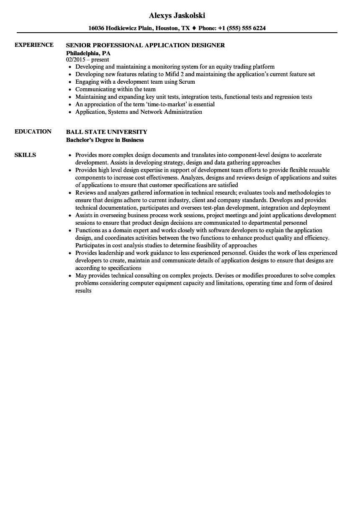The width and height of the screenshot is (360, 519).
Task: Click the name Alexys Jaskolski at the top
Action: point(177,15)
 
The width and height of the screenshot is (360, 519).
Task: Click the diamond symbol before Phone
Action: point(194,28)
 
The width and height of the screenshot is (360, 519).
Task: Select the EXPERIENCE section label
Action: point(34,45)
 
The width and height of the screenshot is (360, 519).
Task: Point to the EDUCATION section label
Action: point(33,131)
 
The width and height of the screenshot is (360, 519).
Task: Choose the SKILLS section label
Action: point(25,155)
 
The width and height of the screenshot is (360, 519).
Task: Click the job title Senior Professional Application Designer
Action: point(145,45)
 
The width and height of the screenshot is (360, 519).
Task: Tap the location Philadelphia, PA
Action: point(88,53)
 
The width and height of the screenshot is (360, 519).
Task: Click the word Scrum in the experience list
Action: point(187,82)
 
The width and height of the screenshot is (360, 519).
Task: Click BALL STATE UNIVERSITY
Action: point(107,132)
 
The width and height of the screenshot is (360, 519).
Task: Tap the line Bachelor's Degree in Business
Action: point(105,140)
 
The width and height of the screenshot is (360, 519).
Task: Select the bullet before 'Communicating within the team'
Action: point(69,89)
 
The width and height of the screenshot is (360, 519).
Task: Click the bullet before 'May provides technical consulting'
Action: point(69,276)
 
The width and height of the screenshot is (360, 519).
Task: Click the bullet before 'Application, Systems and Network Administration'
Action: point(69,112)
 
